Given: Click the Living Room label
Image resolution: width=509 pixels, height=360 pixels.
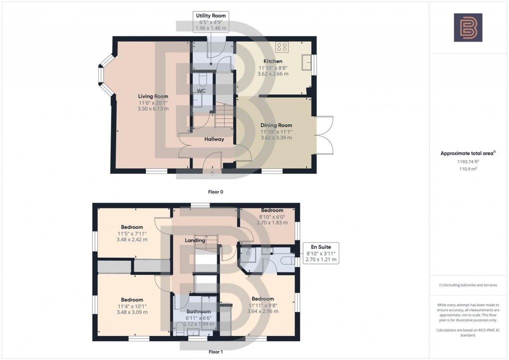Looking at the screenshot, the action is (x=153, y=96).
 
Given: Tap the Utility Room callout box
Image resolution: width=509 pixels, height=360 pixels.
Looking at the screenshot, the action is (x=211, y=22).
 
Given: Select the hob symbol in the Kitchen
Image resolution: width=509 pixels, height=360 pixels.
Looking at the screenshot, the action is (x=282, y=47).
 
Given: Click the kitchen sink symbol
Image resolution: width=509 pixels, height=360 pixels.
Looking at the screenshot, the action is (x=306, y=62).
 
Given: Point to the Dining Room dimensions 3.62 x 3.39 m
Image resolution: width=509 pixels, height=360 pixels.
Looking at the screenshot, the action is (x=276, y=138).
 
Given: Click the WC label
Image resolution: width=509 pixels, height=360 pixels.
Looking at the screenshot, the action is (x=201, y=91).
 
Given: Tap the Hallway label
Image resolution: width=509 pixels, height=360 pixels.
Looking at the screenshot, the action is (x=214, y=139).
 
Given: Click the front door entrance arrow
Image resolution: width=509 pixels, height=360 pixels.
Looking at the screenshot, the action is (x=212, y=173).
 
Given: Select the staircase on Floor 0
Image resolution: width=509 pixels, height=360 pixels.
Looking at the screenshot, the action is (x=224, y=116).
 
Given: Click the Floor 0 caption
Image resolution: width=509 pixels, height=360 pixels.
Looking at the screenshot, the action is (x=216, y=192).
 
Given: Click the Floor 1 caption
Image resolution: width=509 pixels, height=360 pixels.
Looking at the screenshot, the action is (x=216, y=352).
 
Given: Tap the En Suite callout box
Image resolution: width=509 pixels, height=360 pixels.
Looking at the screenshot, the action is (x=321, y=253).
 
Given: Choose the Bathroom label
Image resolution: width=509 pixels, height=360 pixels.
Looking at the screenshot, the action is (x=198, y=311).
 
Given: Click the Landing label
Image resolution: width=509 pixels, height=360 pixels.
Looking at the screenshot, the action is (x=195, y=241).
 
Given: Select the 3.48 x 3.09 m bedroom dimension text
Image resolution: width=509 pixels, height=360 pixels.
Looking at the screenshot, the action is (x=132, y=312).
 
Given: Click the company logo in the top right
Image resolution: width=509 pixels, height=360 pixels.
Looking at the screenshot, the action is (x=468, y=27).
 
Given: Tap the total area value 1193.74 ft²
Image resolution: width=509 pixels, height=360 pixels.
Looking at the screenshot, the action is (x=468, y=162).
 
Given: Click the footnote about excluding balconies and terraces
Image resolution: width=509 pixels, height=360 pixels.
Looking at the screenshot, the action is (x=468, y=285).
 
